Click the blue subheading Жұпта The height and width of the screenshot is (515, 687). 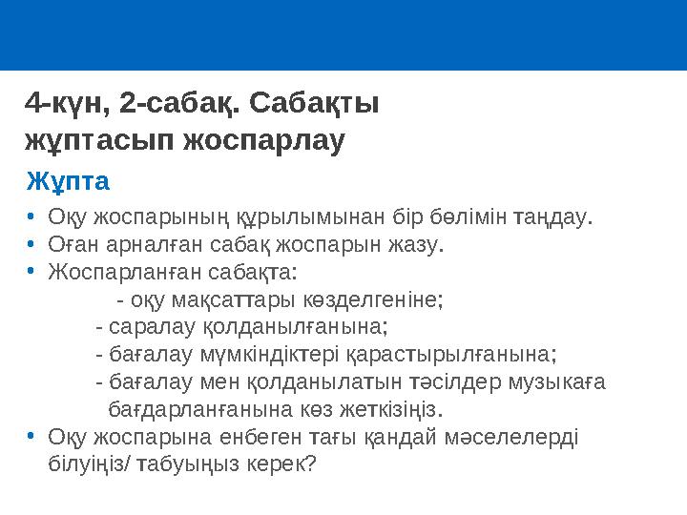point(68,180)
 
